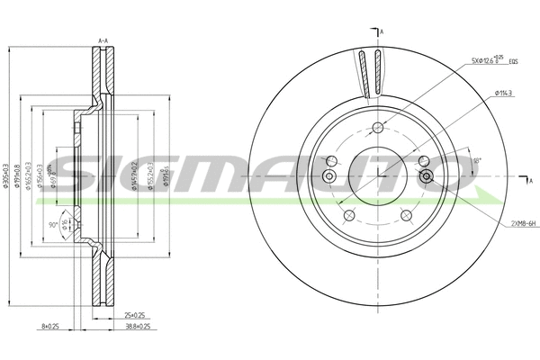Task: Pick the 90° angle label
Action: [x=55, y=224]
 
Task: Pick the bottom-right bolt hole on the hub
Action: [x=406, y=215]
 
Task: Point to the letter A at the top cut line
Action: [x=381, y=32]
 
